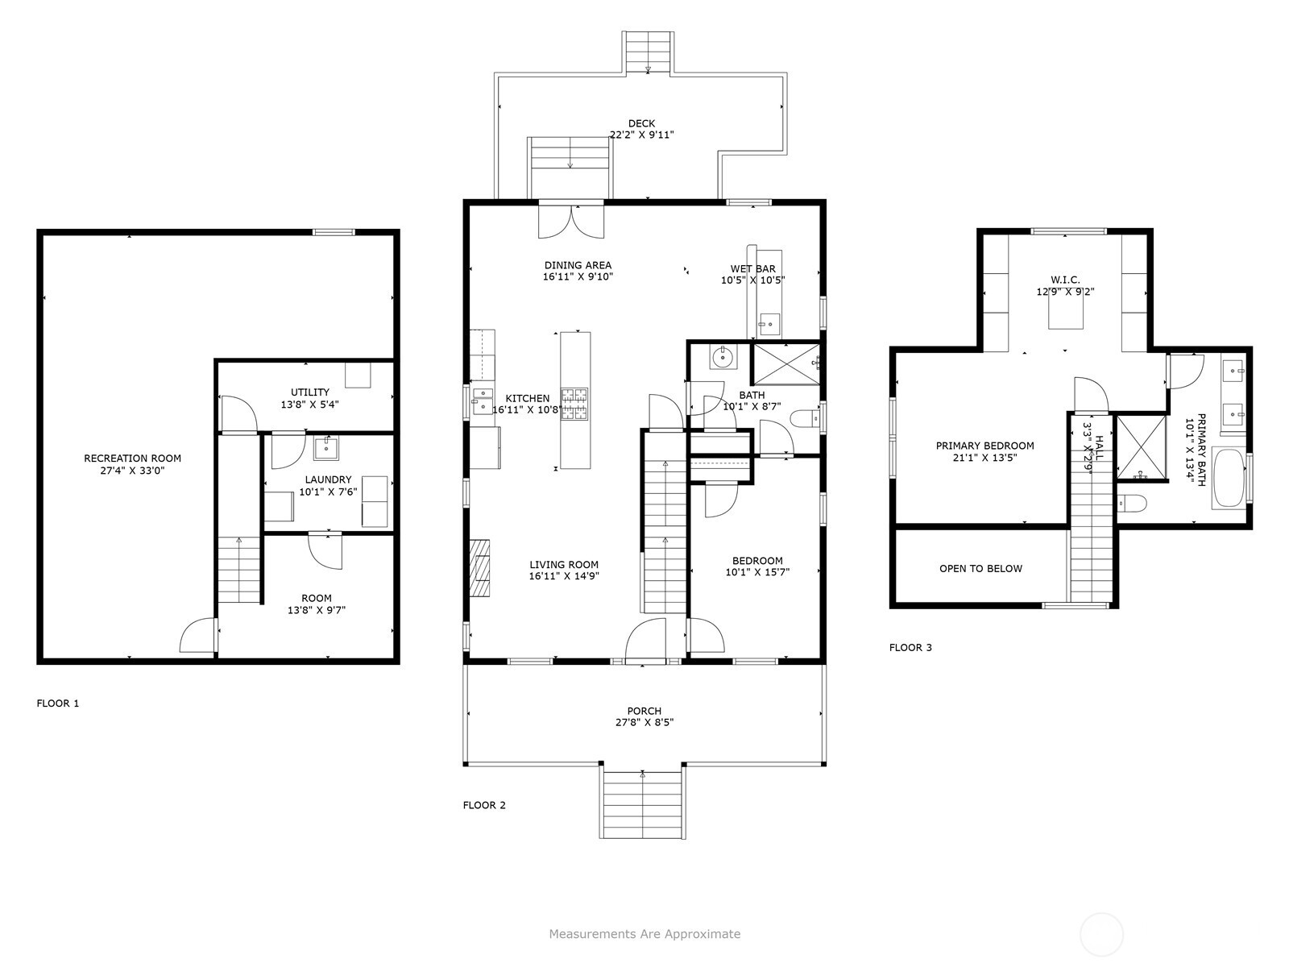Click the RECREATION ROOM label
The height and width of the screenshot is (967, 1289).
132,458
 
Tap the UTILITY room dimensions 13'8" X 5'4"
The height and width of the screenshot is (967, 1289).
309,405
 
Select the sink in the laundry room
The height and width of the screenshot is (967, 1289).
325,449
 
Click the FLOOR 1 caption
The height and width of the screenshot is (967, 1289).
57,703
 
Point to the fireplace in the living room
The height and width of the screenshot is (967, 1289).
479,568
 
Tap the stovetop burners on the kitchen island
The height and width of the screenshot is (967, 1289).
574,404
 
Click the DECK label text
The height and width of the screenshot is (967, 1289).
641,123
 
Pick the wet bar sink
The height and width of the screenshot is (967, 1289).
769,324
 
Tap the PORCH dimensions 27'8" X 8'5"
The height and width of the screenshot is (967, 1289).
644,722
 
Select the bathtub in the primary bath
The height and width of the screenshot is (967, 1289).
1229,478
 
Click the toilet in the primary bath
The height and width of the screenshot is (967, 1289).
1132,503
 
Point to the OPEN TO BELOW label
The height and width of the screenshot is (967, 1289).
980,568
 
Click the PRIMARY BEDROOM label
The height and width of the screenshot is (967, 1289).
984,446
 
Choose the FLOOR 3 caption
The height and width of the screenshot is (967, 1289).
910,648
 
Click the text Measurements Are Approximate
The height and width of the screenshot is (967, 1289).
644,933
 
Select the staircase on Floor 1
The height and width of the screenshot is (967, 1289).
239,570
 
